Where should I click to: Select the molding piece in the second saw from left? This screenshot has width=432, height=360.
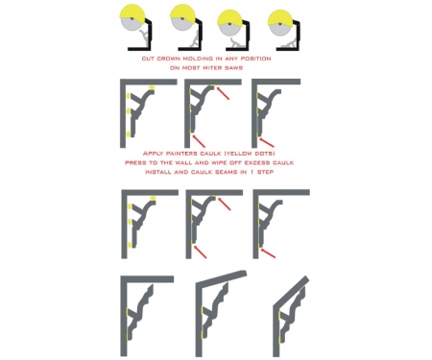tap(194, 38)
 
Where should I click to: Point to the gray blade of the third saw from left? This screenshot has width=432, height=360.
tap(229, 30)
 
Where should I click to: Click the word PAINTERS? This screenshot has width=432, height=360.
tap(180, 154)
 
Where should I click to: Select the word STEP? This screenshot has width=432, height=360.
tap(264, 172)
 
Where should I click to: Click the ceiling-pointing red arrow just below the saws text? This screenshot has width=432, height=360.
tap(223, 93)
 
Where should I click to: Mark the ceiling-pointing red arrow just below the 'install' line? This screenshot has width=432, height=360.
tap(224, 204)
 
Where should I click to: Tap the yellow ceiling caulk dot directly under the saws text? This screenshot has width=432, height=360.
tap(152, 86)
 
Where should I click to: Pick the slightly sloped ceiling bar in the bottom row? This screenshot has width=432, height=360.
tap(222, 278)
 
